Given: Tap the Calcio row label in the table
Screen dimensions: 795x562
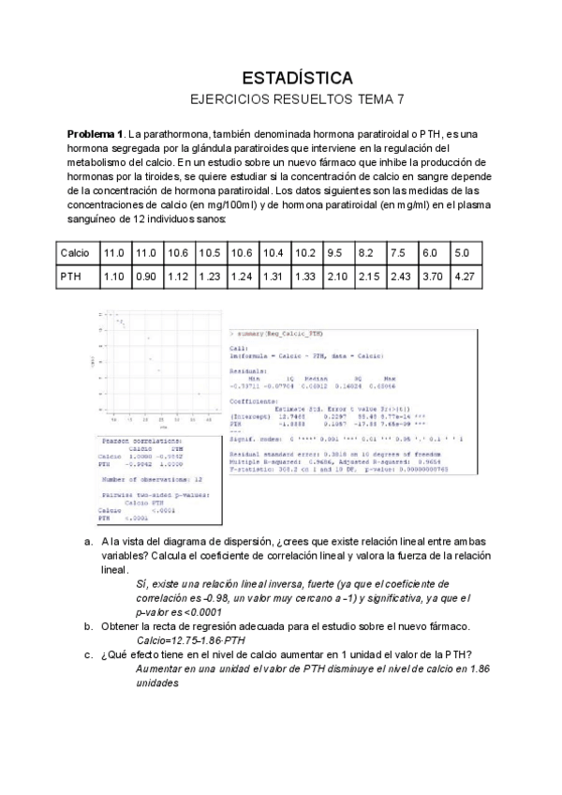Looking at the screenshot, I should [74, 254].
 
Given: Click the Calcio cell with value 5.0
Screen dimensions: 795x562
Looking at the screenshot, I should [462, 254].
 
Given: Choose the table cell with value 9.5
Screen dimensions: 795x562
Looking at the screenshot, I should [334, 254].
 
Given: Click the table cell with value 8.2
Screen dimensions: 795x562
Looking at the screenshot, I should [366, 254].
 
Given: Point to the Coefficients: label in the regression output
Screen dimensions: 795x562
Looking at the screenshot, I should [255, 400].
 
